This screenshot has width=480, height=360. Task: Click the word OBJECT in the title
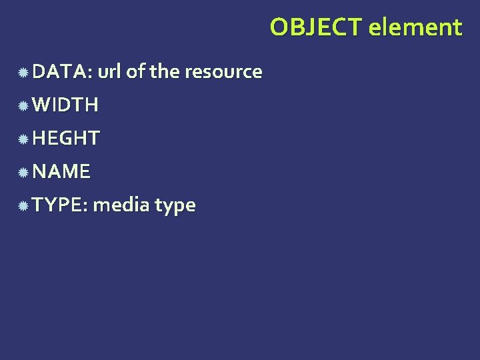point(317,27)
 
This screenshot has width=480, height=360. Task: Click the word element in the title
point(415,27)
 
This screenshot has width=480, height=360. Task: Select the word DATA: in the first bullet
point(62,71)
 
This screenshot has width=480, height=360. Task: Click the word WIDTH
point(65,105)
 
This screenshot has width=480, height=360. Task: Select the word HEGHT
point(66,138)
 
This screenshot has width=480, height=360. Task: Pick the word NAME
point(61,171)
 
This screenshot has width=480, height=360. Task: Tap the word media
point(121,205)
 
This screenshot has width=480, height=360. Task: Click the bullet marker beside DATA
point(23,72)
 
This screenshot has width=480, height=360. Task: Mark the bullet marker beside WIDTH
point(23,105)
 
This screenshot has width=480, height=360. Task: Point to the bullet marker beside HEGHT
point(23,139)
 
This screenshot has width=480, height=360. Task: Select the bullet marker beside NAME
point(23,172)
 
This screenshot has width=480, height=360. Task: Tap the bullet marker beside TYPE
point(23,205)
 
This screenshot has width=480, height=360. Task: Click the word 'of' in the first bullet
point(136,71)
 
